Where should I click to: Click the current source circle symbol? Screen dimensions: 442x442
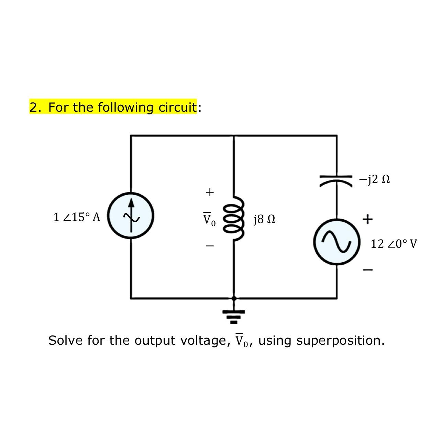point(131,216)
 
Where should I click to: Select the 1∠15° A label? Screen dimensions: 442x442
point(77,217)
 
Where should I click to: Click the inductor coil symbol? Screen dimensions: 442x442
point(234,219)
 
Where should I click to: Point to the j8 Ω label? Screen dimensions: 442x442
point(264,219)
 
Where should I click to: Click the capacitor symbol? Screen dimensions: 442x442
point(336,181)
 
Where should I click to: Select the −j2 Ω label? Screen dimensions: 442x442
point(374,179)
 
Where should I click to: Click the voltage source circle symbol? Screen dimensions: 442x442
point(337,242)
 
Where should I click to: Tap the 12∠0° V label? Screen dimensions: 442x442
point(394,244)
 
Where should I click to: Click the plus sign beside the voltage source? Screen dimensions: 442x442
point(367,219)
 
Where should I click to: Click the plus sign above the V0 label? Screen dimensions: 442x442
point(210,192)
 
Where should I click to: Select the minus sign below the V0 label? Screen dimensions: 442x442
point(210,246)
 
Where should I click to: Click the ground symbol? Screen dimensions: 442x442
point(234,317)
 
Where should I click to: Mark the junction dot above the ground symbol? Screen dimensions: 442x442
point(234,298)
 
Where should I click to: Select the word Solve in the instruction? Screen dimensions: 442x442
point(66,341)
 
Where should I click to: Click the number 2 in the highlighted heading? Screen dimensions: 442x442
point(33,107)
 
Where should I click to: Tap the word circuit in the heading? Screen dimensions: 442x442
point(177,107)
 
